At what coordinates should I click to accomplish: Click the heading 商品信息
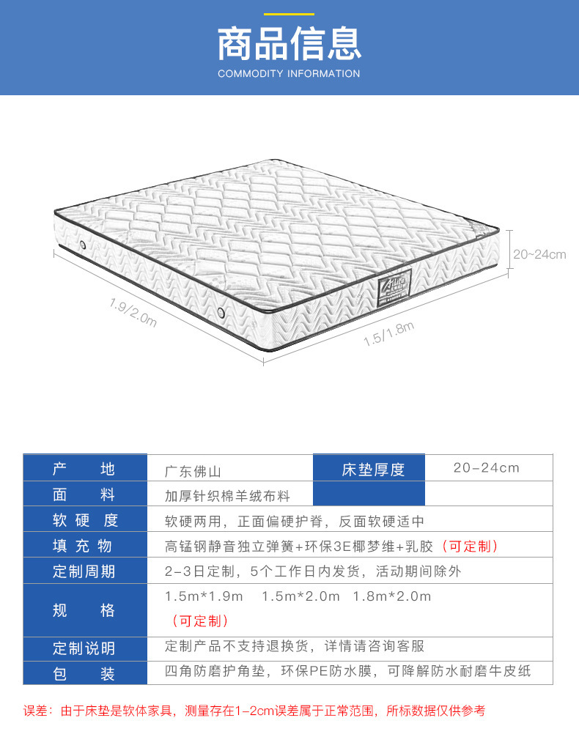pos(289,43)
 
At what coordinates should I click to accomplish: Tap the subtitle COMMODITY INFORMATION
pos(289,74)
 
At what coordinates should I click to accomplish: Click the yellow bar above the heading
pos(289,14)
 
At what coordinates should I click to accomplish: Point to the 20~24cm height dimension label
pos(539,255)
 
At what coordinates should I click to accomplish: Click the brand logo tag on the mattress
pos(395,288)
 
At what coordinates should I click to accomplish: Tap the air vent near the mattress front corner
pos(221,313)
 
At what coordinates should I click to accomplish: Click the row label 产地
pos(84,469)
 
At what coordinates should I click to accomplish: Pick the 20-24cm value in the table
pos(486,468)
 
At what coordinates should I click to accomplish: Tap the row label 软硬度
pos(84,521)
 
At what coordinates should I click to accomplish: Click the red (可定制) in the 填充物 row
pos(473,547)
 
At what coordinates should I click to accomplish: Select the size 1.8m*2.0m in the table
pos(392,596)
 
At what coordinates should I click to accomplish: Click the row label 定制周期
pos(84,571)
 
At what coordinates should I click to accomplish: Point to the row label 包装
pos(84,673)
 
